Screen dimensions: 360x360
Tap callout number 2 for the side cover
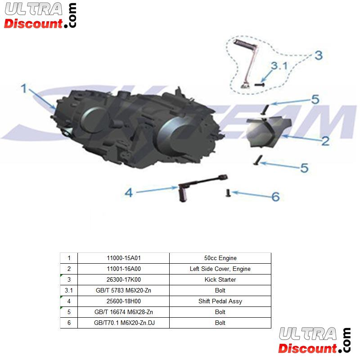pyautogui.click(x=325, y=140)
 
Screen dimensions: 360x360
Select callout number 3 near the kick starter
pyautogui.click(x=319, y=55)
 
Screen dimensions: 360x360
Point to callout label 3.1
pyautogui.click(x=279, y=66)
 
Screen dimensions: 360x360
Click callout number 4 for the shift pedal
pyautogui.click(x=129, y=193)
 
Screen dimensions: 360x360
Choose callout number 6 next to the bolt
pyautogui.click(x=275, y=196)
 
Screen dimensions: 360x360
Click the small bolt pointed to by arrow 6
pyautogui.click(x=228, y=193)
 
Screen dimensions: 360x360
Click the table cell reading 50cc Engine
pyautogui.click(x=220, y=258)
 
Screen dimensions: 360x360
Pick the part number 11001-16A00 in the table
pyautogui.click(x=123, y=269)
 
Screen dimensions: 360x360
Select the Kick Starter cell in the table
pyautogui.click(x=220, y=280)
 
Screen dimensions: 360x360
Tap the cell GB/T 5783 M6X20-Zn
pyautogui.click(x=123, y=291)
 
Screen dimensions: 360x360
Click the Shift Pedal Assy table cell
pyautogui.click(x=220, y=301)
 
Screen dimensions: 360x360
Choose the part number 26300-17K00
pyautogui.click(x=123, y=280)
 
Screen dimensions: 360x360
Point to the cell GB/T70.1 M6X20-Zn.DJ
pyautogui.click(x=123, y=323)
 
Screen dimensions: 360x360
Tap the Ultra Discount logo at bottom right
pyautogui.click(x=315, y=340)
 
